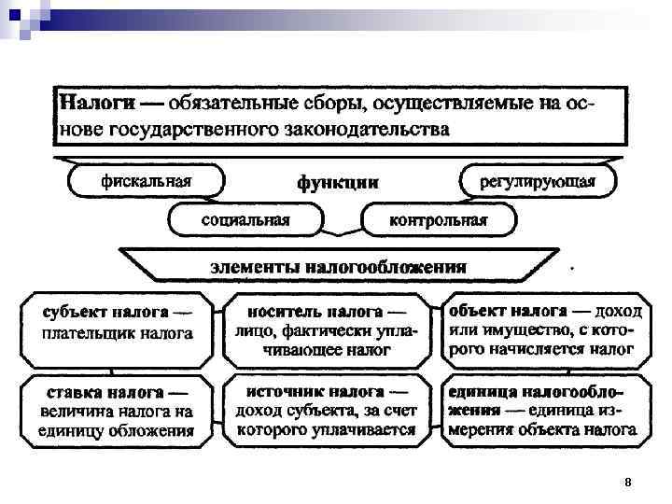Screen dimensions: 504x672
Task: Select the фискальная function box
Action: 147,181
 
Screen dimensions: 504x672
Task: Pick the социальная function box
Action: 245,220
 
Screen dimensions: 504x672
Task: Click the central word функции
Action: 337,183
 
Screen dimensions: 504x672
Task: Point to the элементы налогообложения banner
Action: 337,266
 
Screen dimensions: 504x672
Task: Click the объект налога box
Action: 540,329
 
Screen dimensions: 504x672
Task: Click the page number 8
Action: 628,482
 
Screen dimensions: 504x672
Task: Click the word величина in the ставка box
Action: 80,412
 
